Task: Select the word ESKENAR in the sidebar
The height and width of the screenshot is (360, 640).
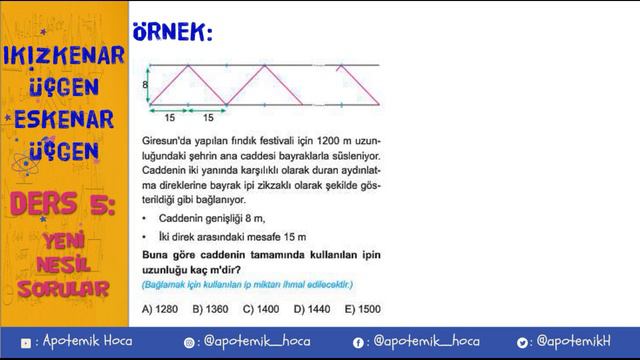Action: [x=65, y=119]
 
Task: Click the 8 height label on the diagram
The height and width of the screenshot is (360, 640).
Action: [x=144, y=86]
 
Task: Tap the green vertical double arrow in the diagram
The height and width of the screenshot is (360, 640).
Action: [x=149, y=85]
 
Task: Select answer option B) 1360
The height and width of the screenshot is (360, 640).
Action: [x=211, y=309]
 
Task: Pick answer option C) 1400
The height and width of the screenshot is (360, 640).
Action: [x=261, y=309]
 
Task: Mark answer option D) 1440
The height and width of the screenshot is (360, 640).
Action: [x=311, y=309]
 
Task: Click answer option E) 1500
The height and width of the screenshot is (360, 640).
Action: [x=361, y=309]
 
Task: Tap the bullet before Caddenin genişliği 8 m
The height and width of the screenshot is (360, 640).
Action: [x=145, y=217]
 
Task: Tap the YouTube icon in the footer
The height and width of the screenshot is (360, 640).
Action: [x=26, y=342]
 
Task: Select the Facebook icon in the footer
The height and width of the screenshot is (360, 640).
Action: [x=358, y=342]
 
